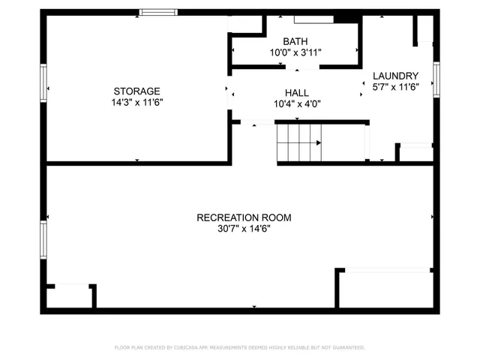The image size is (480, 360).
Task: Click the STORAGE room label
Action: [136, 91]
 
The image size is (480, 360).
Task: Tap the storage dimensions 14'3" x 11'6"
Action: [136, 103]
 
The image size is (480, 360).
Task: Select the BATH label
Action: [295, 41]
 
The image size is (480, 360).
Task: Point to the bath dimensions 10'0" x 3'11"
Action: [295, 53]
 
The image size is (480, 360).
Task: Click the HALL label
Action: [297, 92]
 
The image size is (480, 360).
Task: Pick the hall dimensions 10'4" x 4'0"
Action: [297, 104]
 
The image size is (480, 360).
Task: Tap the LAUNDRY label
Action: [395, 75]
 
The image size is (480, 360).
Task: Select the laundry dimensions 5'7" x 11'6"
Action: [395, 87]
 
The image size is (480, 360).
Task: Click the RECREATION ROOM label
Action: [244, 217]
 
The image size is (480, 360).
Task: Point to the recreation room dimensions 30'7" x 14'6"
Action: [244, 229]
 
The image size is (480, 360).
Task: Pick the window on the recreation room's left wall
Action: [43, 238]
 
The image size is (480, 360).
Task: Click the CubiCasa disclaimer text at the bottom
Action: [239, 348]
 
